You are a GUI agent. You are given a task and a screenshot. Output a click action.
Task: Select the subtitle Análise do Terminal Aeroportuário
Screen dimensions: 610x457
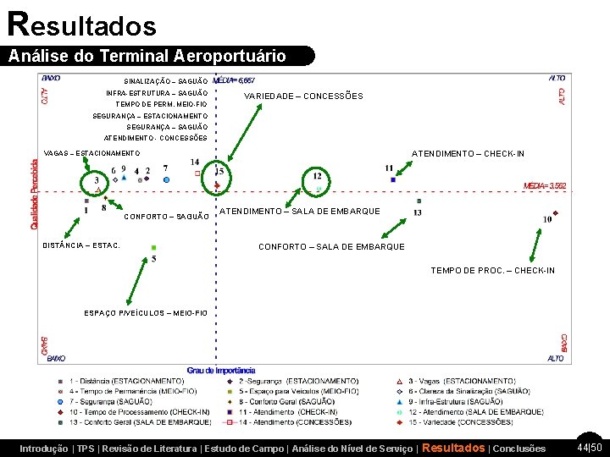pyautogui.click(x=147, y=57)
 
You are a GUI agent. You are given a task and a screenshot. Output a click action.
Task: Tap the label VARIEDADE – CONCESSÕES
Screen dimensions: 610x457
pyautogui.click(x=303, y=96)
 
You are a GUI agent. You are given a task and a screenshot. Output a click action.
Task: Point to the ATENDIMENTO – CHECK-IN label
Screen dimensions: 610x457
pyautogui.click(x=468, y=153)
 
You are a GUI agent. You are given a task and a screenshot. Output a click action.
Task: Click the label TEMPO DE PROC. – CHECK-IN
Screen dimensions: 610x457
pyautogui.click(x=493, y=271)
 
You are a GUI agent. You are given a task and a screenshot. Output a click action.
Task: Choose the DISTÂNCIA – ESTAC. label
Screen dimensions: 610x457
pyautogui.click(x=81, y=246)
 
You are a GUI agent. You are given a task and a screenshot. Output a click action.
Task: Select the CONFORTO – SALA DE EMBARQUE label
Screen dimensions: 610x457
pyautogui.click(x=331, y=247)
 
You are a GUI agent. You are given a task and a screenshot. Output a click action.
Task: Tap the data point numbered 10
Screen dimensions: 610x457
pyautogui.click(x=555, y=213)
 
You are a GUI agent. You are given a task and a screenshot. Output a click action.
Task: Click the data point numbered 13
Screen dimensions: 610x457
pyautogui.click(x=419, y=201)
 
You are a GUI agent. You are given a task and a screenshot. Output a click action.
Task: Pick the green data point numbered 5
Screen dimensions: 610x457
pyautogui.click(x=153, y=248)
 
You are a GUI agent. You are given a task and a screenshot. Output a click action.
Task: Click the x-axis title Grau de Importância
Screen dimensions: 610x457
pyautogui.click(x=221, y=370)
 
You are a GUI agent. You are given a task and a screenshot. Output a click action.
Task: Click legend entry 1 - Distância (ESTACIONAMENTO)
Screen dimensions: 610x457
pyautogui.click(x=127, y=381)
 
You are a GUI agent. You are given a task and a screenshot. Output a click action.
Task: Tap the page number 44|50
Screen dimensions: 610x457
pyautogui.click(x=589, y=447)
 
